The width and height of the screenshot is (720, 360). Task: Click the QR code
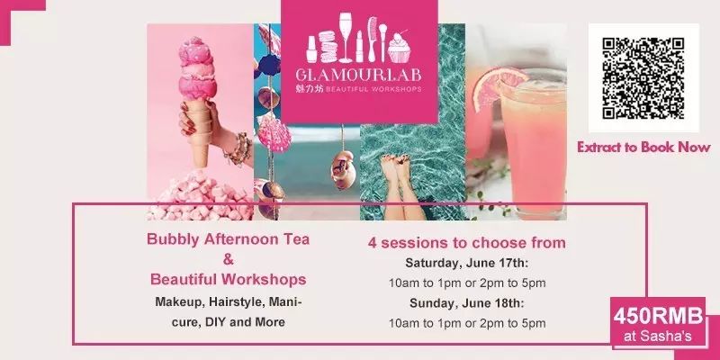[643, 78]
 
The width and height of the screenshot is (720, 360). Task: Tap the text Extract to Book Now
[643, 148]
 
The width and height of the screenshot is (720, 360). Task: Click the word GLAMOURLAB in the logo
[358, 76]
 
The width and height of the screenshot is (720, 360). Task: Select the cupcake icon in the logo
[399, 47]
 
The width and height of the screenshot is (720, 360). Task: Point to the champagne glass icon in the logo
[346, 38]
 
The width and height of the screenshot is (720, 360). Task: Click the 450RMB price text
[658, 317]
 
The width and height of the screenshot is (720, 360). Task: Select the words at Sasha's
[658, 337]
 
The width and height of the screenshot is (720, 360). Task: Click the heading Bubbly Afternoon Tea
[229, 239]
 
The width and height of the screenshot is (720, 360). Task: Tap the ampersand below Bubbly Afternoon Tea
[229, 259]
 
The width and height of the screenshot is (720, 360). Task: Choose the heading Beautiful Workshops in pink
[229, 279]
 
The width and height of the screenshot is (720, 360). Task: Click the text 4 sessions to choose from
[466, 243]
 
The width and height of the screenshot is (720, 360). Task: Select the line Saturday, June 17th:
[467, 264]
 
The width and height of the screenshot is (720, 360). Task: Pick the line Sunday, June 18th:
[466, 303]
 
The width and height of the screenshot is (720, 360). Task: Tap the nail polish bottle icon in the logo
[311, 49]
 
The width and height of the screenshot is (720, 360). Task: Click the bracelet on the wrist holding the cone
[238, 149]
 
